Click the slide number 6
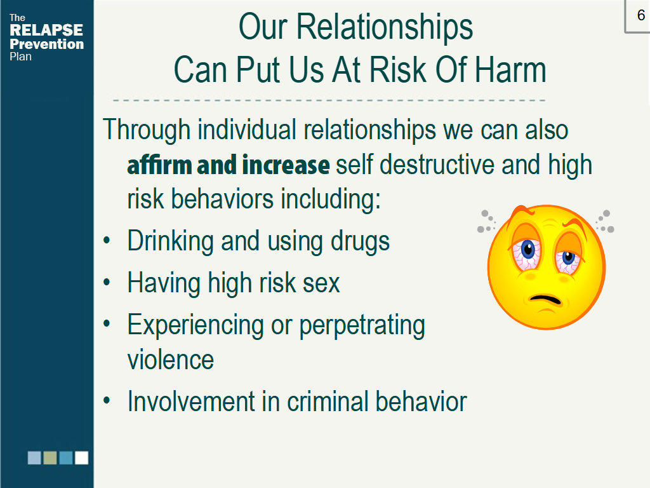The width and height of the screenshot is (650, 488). (641, 15)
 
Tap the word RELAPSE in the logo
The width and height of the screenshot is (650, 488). (46, 30)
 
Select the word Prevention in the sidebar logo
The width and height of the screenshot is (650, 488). (47, 44)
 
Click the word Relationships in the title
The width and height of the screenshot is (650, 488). (384, 27)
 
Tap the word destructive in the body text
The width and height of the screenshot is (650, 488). (437, 165)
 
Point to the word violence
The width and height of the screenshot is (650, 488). (170, 360)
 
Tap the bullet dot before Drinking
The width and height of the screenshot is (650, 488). (107, 240)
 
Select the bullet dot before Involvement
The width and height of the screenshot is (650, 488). (107, 400)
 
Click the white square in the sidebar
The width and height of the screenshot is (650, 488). (82, 457)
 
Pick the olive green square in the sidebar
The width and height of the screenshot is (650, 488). (50, 457)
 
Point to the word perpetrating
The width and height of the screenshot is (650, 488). (362, 325)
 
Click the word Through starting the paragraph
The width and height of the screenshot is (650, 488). (147, 130)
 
